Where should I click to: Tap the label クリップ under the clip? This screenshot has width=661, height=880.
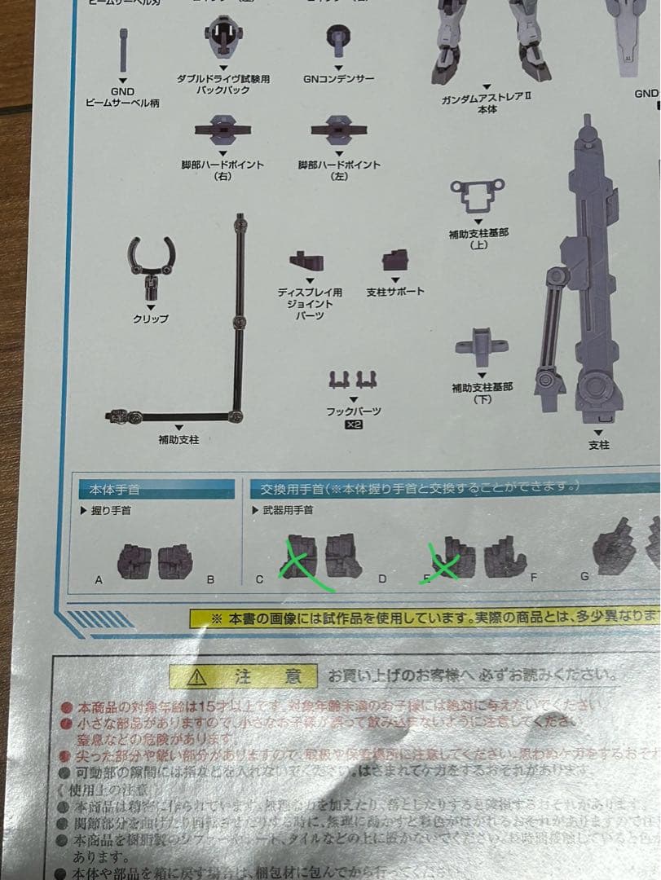pos(151,319)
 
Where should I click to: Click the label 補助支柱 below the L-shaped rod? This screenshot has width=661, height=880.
pos(178,440)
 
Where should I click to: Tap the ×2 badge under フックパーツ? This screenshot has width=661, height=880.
pos(354,425)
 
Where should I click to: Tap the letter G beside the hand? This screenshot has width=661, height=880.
pos(584,576)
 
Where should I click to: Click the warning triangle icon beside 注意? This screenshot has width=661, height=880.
pos(198,677)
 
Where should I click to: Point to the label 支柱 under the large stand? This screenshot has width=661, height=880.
pos(598,445)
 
